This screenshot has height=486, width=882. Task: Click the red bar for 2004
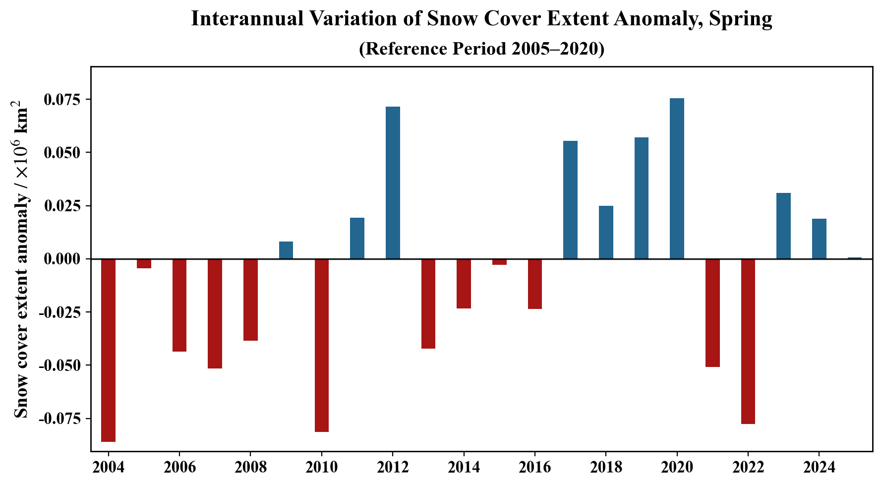[108, 350]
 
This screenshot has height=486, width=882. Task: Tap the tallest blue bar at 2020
[677, 179]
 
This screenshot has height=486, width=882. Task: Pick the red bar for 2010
[322, 345]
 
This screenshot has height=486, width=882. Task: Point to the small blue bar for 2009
[286, 250]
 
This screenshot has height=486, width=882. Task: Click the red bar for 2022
[748, 341]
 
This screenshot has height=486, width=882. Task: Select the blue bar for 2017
[570, 200]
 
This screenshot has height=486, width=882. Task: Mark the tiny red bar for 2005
[144, 263]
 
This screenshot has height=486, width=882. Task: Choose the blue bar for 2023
[783, 226]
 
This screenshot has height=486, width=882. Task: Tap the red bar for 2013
[428, 304]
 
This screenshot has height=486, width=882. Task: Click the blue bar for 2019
[642, 198]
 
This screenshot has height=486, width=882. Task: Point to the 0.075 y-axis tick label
[62, 100]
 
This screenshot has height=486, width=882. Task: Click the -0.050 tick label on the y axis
[59, 365]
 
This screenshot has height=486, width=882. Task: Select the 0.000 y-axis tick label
[62, 259]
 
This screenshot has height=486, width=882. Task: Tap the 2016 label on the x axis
[534, 467]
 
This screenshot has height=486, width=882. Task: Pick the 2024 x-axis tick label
[819, 467]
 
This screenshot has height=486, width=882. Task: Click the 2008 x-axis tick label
[250, 467]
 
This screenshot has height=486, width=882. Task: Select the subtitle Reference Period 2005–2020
[481, 49]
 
